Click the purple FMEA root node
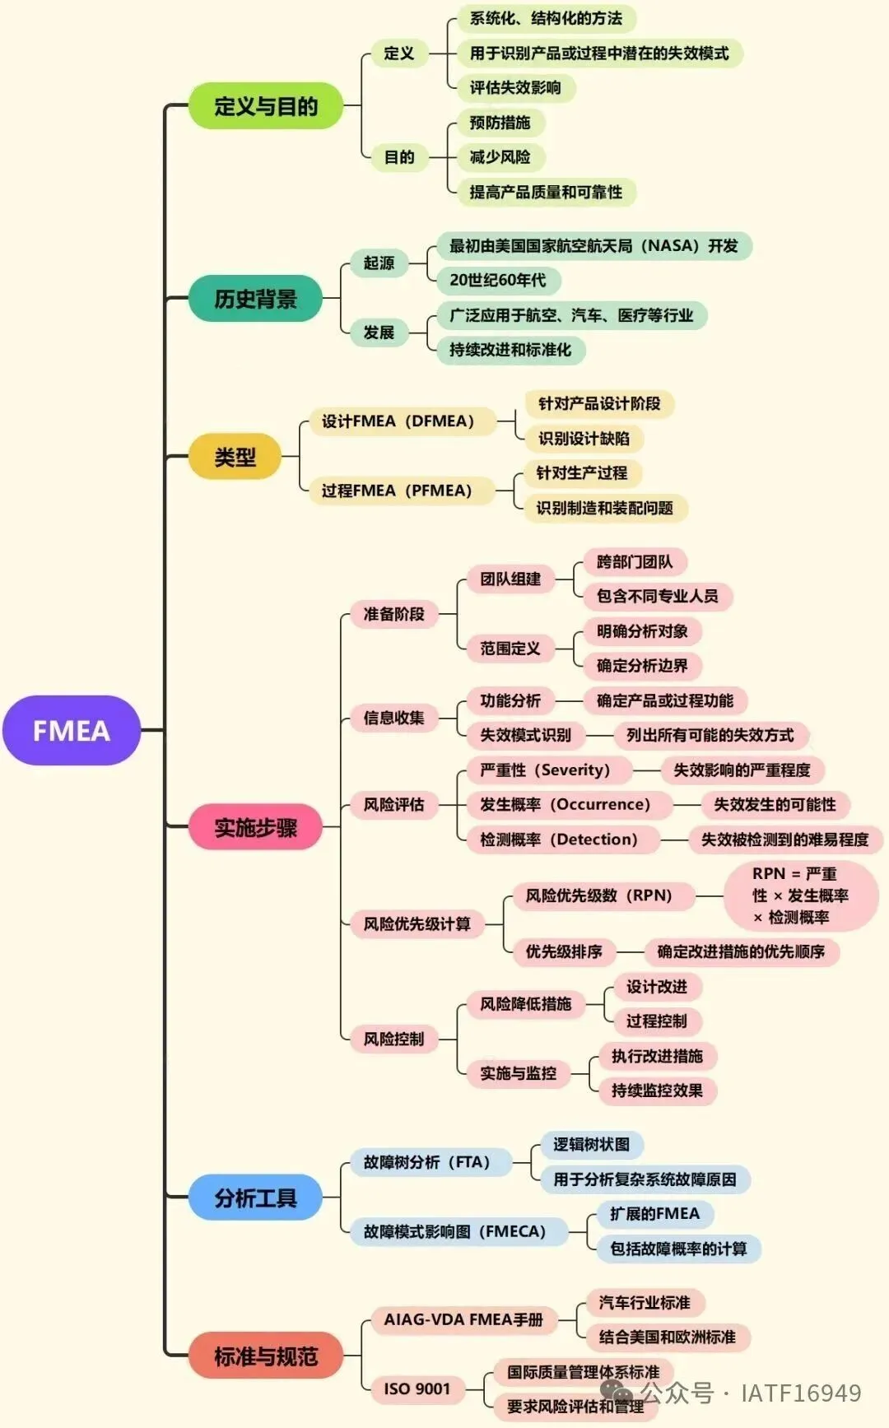click(x=72, y=731)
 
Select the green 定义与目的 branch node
click(x=265, y=106)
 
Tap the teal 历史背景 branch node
click(x=255, y=299)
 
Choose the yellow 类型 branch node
click(x=235, y=458)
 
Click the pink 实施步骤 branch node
click(x=255, y=827)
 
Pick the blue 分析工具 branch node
click(x=255, y=1198)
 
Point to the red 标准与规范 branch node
click(x=265, y=1356)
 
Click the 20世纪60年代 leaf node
click(x=497, y=281)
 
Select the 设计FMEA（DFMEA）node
click(x=398, y=421)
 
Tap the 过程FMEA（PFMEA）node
click(x=396, y=491)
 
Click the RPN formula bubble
click(x=800, y=895)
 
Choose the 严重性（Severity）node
click(x=545, y=770)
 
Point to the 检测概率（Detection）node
click(x=559, y=840)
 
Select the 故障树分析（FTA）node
click(x=426, y=1162)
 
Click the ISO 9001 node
click(x=417, y=1389)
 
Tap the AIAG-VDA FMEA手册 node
click(x=463, y=1319)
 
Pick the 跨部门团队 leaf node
click(x=635, y=562)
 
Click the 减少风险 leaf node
click(x=500, y=157)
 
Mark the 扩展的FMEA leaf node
click(x=654, y=1214)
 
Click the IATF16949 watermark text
click(x=800, y=1393)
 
